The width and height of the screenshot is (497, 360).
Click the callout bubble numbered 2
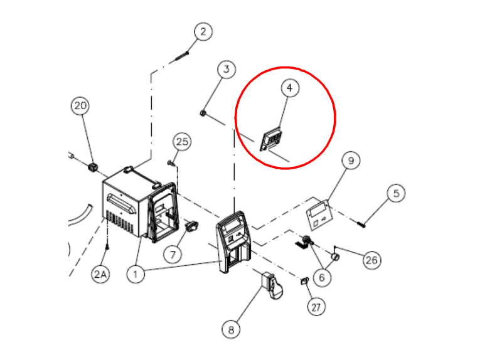(203, 31)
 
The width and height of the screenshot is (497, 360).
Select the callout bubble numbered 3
(227, 69)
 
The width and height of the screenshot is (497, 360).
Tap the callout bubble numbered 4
(290, 88)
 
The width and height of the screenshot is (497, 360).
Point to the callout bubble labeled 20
(80, 105)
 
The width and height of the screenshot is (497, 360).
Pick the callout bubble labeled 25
(182, 142)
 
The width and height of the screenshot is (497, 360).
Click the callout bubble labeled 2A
(101, 274)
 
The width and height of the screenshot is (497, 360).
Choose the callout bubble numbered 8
(231, 329)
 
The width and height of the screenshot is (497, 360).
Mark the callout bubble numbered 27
(316, 307)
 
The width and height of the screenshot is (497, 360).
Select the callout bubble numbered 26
(371, 260)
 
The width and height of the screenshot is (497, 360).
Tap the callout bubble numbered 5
(396, 193)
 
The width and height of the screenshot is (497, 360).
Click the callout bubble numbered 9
(351, 161)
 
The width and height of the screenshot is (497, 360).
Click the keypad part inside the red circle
(271, 139)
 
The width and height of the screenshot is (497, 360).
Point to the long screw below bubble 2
(182, 56)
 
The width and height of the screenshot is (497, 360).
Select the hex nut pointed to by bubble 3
(203, 113)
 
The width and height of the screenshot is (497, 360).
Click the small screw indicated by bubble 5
(361, 225)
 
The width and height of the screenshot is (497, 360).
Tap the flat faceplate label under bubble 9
(319, 215)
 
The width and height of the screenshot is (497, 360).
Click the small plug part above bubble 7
(192, 226)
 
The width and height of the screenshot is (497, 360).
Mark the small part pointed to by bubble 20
(93, 167)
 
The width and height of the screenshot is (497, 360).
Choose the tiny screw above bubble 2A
(107, 246)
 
